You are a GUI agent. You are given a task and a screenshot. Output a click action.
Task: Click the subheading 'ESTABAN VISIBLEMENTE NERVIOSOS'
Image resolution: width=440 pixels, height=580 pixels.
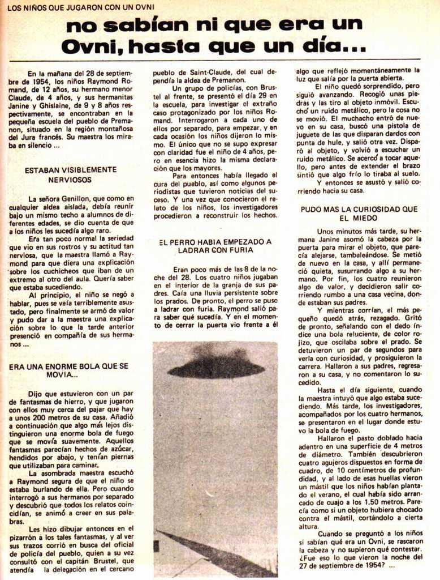click(71, 174)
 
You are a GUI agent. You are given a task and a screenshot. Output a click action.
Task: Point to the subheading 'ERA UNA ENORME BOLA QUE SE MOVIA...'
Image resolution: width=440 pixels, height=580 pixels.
click(68, 370)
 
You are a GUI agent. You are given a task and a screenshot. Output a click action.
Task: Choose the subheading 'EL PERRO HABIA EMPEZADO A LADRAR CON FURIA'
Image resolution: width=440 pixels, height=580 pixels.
click(215, 245)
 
